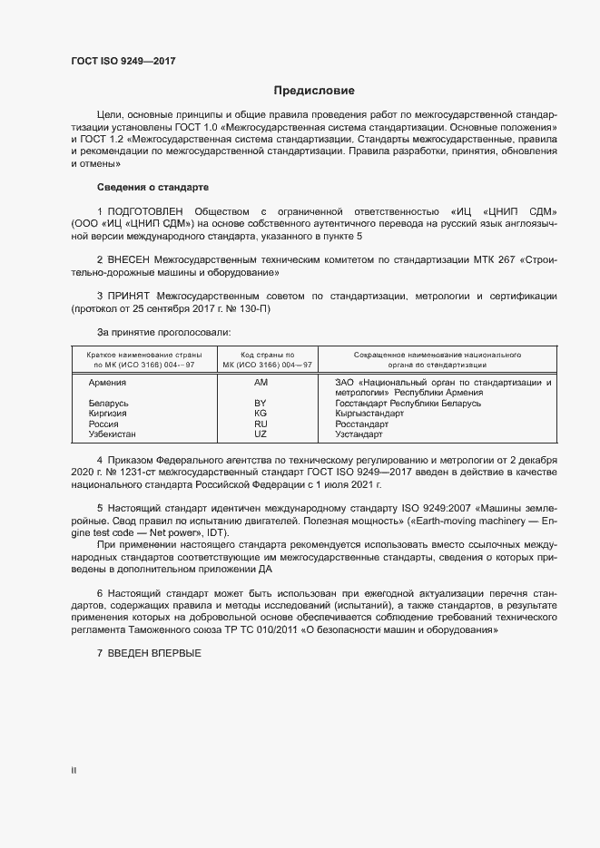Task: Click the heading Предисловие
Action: (x=314, y=91)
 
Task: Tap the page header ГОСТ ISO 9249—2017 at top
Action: (x=123, y=61)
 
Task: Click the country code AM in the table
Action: (x=261, y=383)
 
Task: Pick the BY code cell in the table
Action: (x=261, y=403)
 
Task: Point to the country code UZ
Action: (x=261, y=434)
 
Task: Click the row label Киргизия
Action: (x=107, y=414)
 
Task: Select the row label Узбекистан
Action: (x=113, y=434)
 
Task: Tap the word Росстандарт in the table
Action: (x=361, y=424)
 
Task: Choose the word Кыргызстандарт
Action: (x=369, y=414)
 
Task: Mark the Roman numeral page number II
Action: (x=74, y=770)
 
